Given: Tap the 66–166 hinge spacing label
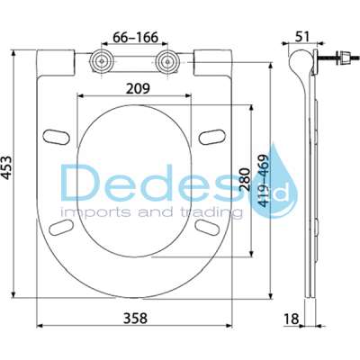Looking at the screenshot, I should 130,38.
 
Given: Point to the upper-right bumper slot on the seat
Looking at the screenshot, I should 211,136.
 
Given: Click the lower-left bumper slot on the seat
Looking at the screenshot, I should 64,223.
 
